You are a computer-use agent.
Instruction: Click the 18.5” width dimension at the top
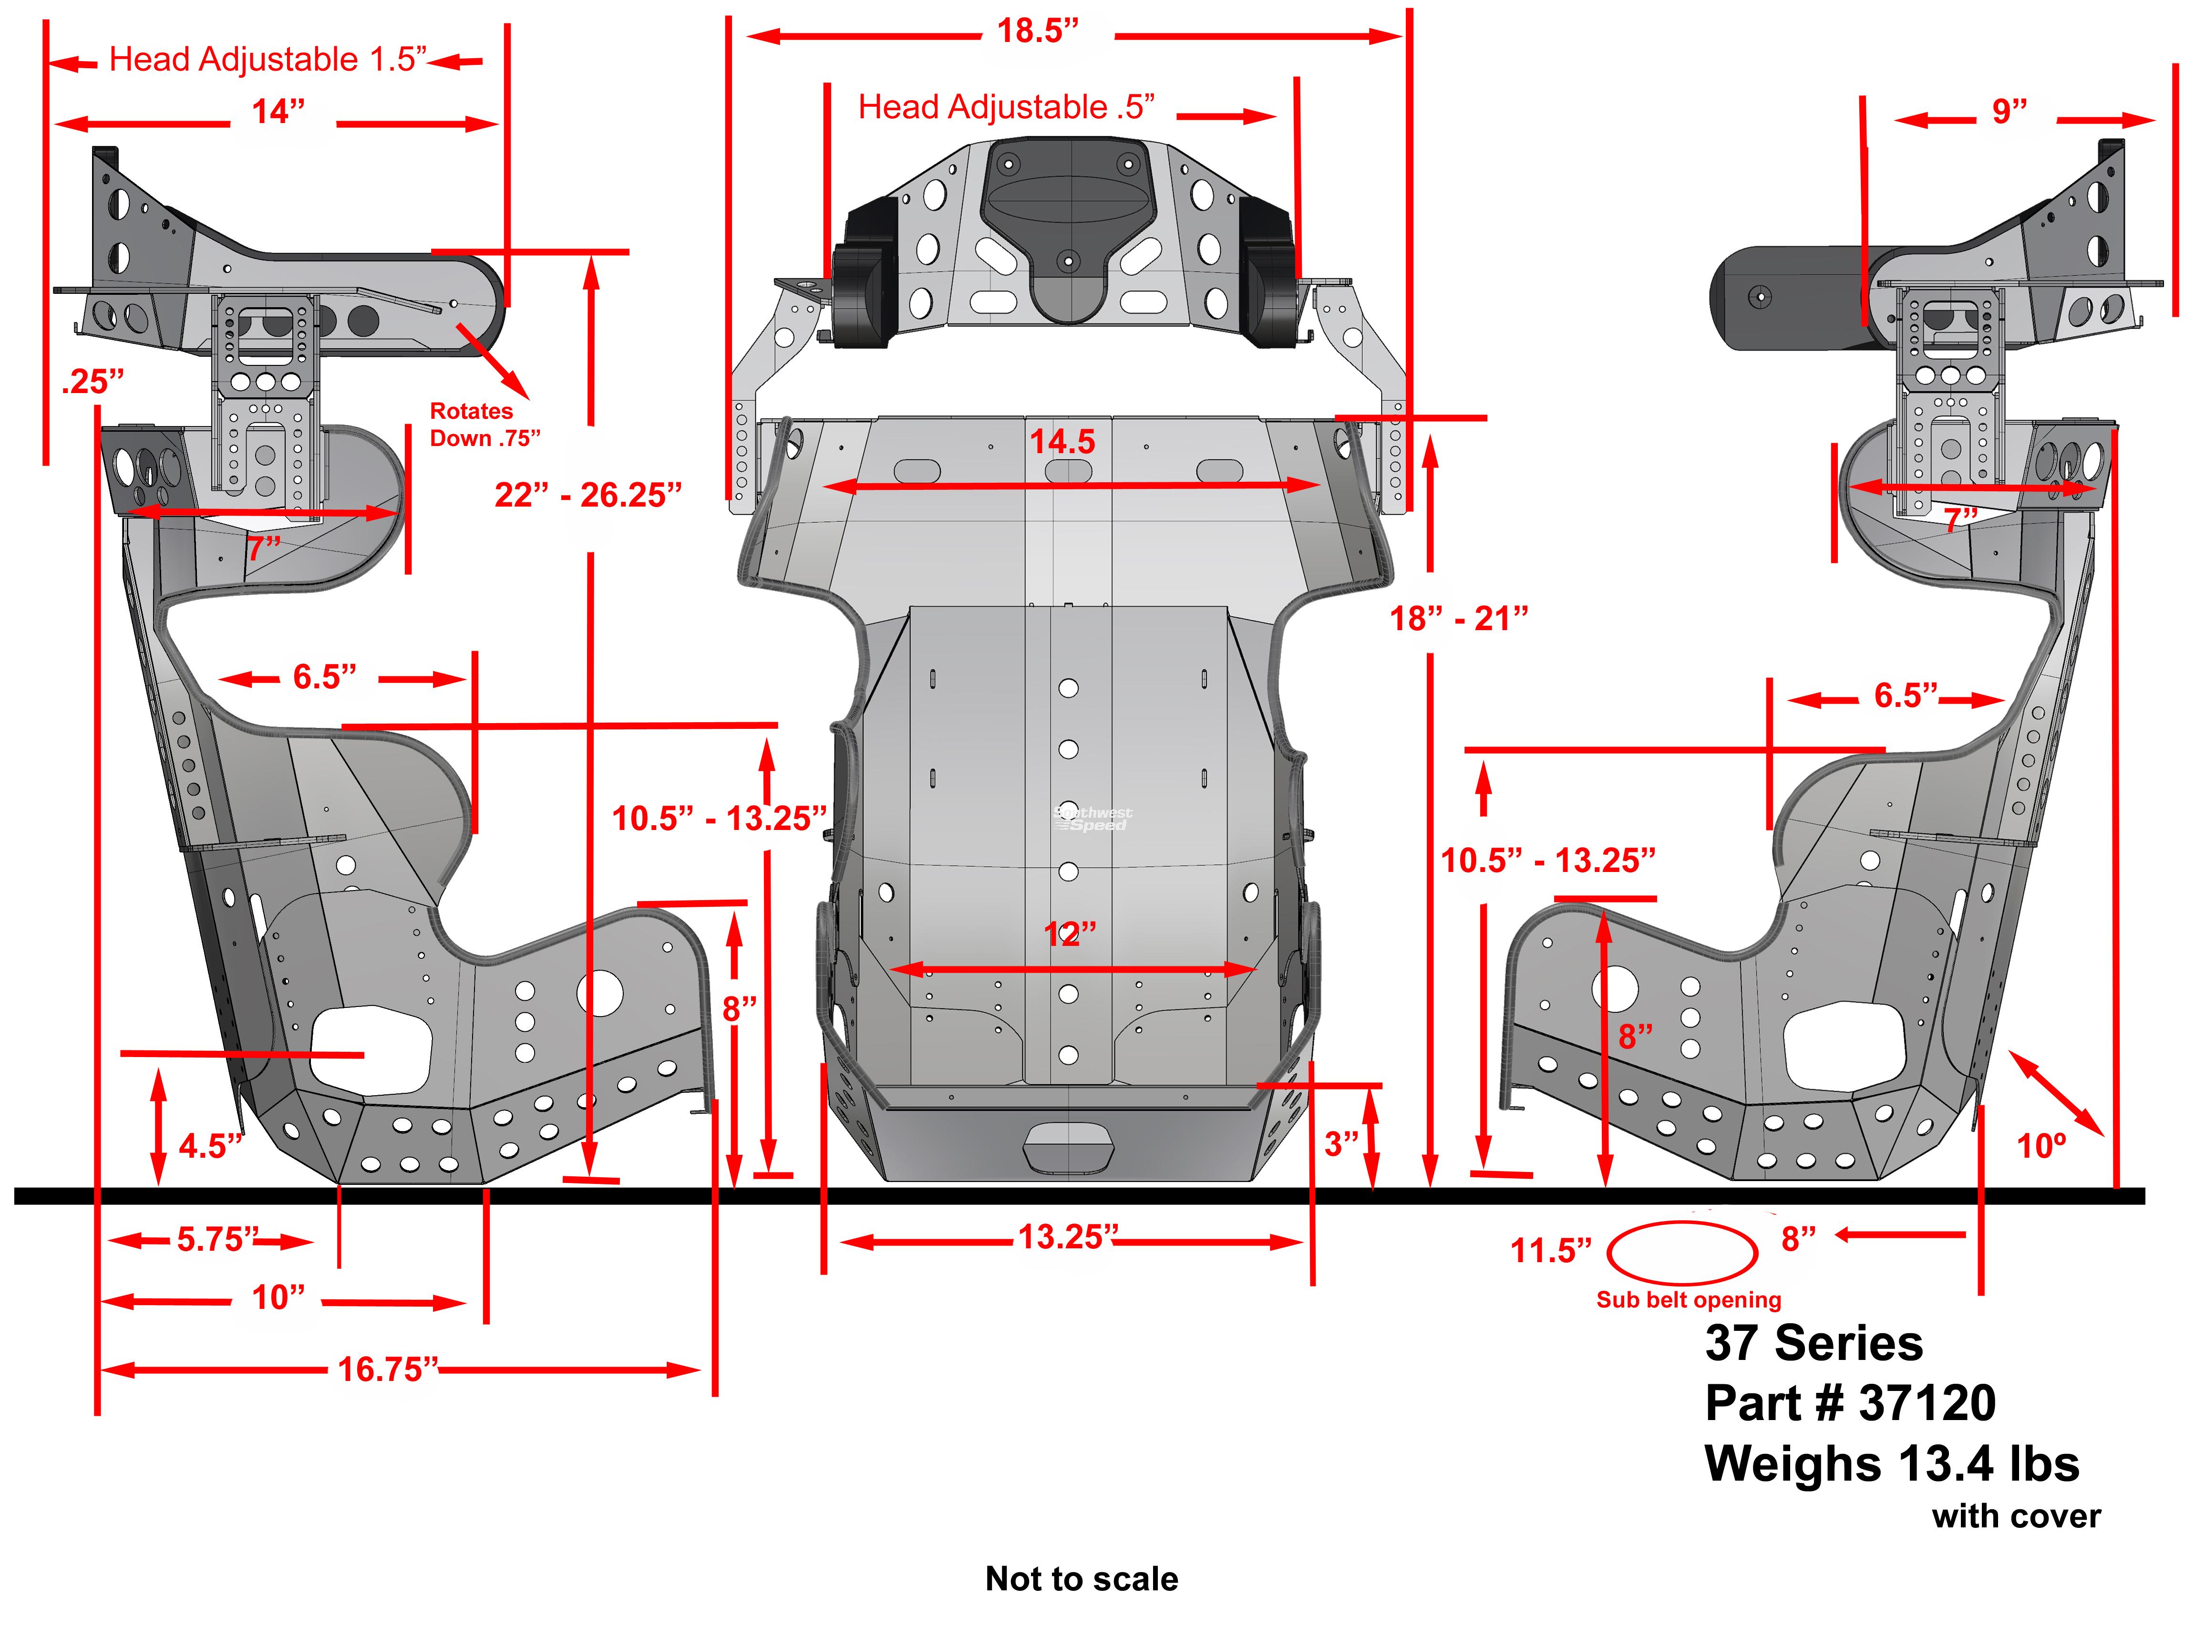[x=1037, y=31]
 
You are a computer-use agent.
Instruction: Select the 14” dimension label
[x=278, y=112]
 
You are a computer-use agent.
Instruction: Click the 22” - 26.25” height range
[x=587, y=495]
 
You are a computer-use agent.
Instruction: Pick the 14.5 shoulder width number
[x=1062, y=442]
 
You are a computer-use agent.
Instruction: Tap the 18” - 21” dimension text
[x=1459, y=619]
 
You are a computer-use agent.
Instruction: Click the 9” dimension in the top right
[x=2009, y=111]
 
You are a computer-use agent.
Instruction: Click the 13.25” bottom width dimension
[x=1068, y=1237]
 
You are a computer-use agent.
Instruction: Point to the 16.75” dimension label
[x=387, y=1369]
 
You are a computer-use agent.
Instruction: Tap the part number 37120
[x=1926, y=1404]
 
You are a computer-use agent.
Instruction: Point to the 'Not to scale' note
[x=1082, y=1579]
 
